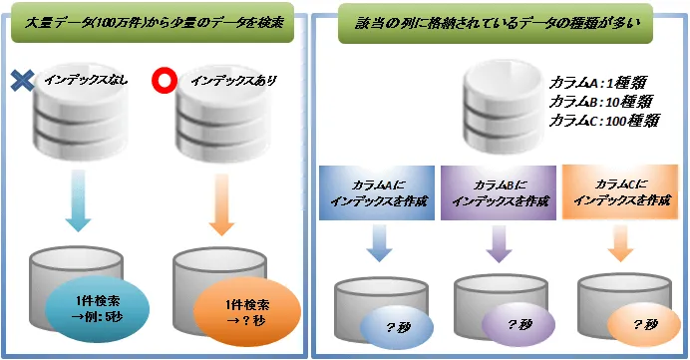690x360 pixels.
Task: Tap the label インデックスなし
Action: coord(81,80)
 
